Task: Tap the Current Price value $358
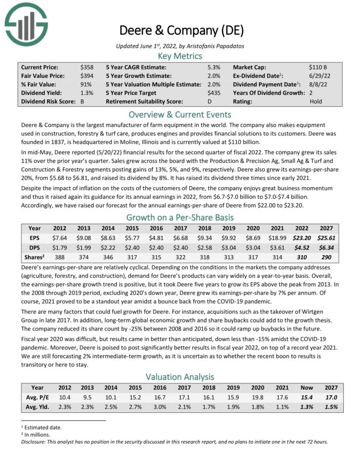tap(87, 67)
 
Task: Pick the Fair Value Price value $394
tap(87, 76)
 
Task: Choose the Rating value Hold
tap(315, 101)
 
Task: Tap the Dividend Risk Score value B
tap(83, 101)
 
